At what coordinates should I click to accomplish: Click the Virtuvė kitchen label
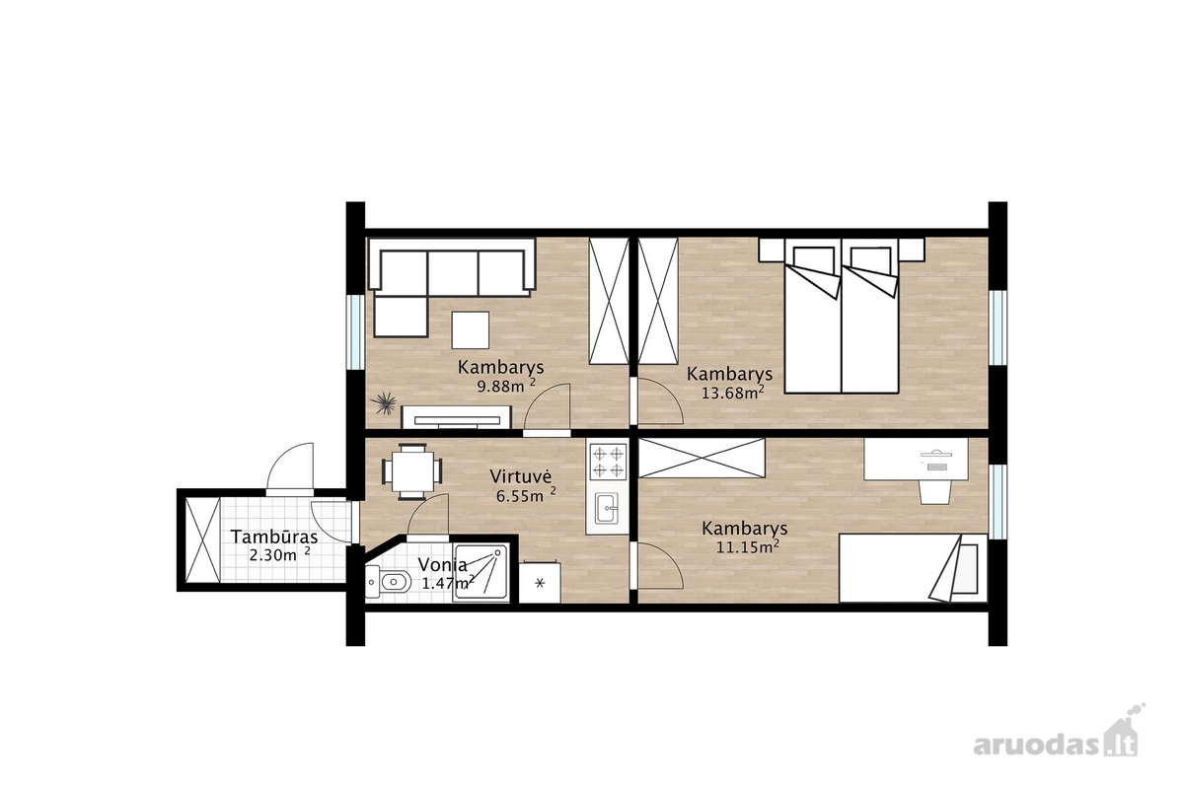[x=521, y=476]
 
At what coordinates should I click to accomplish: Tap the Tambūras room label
[x=274, y=537]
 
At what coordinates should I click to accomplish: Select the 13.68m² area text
[x=732, y=393]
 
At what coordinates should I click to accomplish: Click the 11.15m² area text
[x=748, y=546]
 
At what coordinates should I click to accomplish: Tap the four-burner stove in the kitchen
[x=608, y=462]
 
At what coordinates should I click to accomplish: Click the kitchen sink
[x=606, y=509]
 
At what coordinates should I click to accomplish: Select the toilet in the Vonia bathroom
[x=389, y=582]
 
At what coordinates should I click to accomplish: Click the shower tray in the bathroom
[x=481, y=573]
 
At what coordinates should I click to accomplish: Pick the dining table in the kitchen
[x=412, y=471]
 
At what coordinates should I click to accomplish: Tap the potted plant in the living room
[x=384, y=403]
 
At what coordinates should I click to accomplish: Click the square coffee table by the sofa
[x=471, y=329]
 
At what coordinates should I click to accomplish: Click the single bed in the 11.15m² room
[x=913, y=568]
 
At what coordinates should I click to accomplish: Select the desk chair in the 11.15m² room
[x=934, y=491]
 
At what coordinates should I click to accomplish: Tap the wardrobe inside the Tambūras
[x=203, y=540]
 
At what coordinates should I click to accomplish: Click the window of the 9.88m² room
[x=355, y=330]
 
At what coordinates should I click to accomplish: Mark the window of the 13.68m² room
[x=998, y=327]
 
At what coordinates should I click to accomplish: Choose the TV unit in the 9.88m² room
[x=456, y=417]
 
